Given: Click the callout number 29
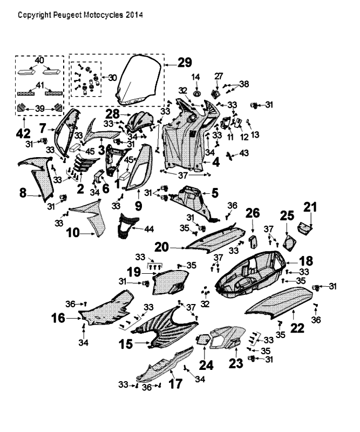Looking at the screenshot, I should coord(184,63).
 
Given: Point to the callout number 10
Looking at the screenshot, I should coord(73,233).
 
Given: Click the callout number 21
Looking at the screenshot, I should coord(310,207).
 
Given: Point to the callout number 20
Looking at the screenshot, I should coord(162,247).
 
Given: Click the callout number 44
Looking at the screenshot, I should coord(149,229).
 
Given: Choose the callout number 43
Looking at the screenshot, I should coord(244,153).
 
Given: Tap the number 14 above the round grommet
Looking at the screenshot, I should coord(196,77).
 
